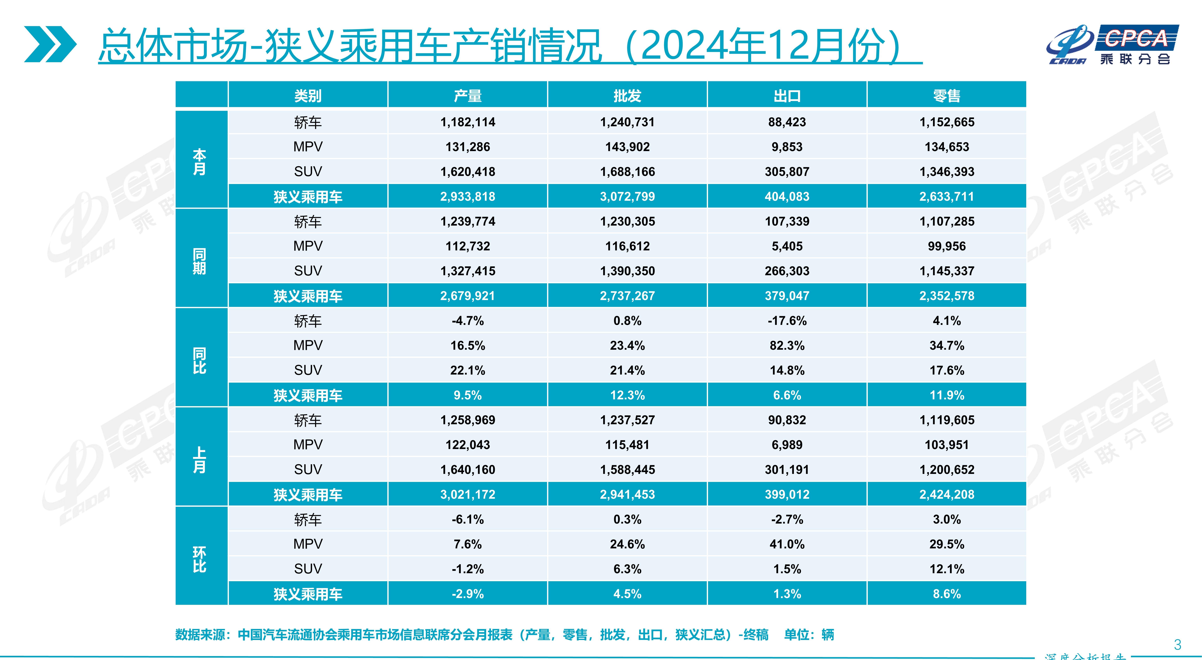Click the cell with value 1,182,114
pyautogui.click(x=467, y=122)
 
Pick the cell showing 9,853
pyautogui.click(x=787, y=147)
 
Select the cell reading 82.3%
pyautogui.click(x=787, y=346)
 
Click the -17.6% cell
pyautogui.click(x=787, y=321)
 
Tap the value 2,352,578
pyautogui.click(x=947, y=296)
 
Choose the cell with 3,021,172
pyautogui.click(x=467, y=494)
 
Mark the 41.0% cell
pyautogui.click(x=787, y=544)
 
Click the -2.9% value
pyautogui.click(x=467, y=594)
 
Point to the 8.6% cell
pyautogui.click(x=947, y=594)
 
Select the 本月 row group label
pyautogui.click(x=200, y=162)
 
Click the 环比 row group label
pyautogui.click(x=200, y=559)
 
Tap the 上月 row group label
pyautogui.click(x=200, y=460)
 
